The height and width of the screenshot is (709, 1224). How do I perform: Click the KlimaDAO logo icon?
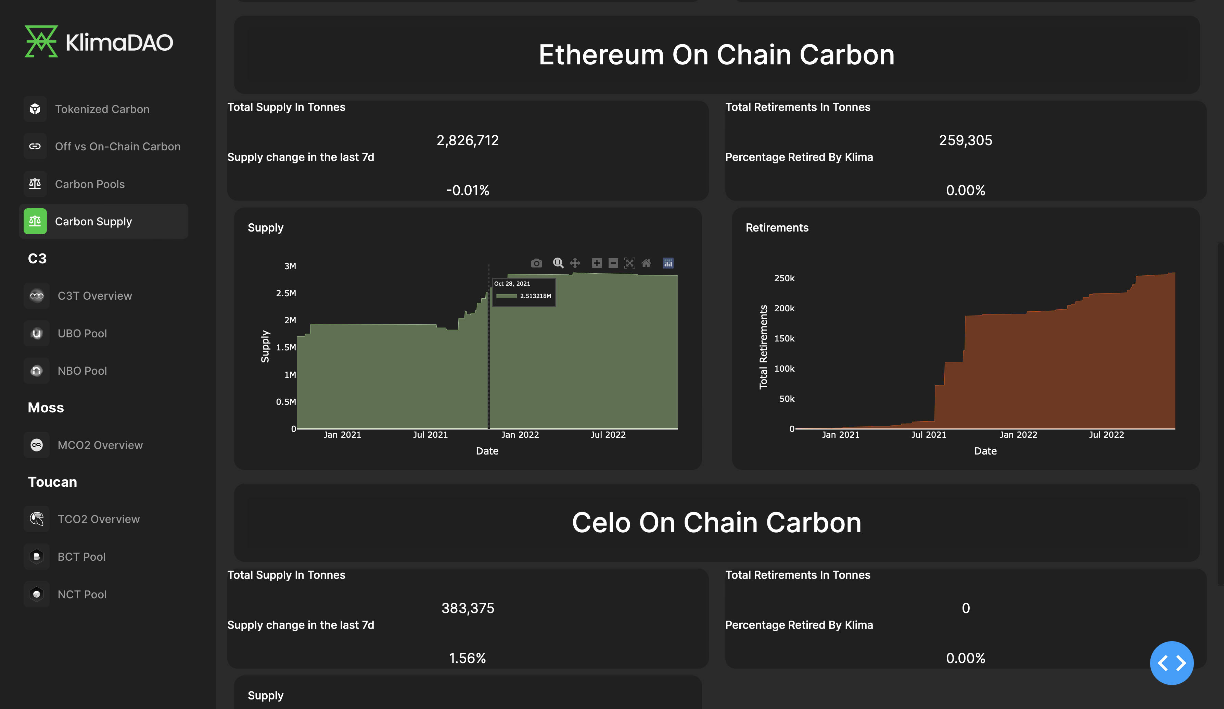coord(41,41)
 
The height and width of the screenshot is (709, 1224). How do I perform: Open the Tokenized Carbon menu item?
coord(102,109)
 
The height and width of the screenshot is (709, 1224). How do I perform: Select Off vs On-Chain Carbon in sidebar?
coord(117,146)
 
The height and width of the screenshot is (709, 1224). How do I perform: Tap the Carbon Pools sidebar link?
coord(90,184)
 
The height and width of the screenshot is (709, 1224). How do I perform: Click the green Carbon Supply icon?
coord(35,221)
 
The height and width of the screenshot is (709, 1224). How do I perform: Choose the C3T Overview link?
coord(95,296)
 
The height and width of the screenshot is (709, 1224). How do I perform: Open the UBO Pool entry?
coord(82,333)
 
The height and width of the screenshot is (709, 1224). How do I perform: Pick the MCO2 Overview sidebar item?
coord(100,445)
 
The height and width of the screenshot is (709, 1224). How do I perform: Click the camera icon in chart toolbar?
coord(536,263)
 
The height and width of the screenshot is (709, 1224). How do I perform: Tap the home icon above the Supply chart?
coord(646,263)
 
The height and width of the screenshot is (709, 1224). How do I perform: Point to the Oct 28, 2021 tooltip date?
coord(512,283)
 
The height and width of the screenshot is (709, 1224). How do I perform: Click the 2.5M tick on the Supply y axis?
coord(286,293)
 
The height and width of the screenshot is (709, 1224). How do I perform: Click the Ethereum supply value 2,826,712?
coord(467,140)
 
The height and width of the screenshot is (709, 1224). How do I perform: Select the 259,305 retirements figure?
coord(965,140)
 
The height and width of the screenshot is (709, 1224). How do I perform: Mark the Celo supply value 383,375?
coord(467,608)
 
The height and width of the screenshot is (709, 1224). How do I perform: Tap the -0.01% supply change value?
coord(467,190)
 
